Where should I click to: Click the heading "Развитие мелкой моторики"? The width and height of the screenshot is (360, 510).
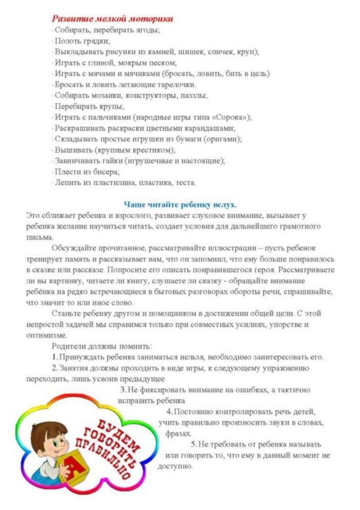click(112, 19)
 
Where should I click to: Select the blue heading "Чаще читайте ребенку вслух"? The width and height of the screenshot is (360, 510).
click(180, 204)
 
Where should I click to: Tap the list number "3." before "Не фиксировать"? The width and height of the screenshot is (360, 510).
click(123, 390)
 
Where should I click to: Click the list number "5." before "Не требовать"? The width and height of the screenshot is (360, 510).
click(194, 444)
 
